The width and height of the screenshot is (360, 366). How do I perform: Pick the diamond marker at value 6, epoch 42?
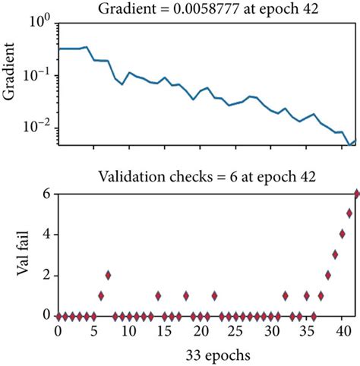coord(357,194)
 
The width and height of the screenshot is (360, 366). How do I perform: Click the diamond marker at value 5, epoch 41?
coord(349,213)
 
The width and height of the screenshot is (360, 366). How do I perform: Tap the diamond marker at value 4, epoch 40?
coord(343,234)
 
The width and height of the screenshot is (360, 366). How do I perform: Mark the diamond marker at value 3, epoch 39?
coord(335,254)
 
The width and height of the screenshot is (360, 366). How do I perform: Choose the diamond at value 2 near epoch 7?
coord(108,275)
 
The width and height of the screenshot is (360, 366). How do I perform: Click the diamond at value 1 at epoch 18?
coord(186,295)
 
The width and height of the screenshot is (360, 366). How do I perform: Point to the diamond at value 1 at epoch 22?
coord(214,295)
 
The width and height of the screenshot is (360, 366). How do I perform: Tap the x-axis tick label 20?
coord(200,333)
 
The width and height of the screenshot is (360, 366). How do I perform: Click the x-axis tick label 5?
coord(93,333)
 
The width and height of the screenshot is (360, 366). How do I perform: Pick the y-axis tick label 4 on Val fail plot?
coord(46,234)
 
